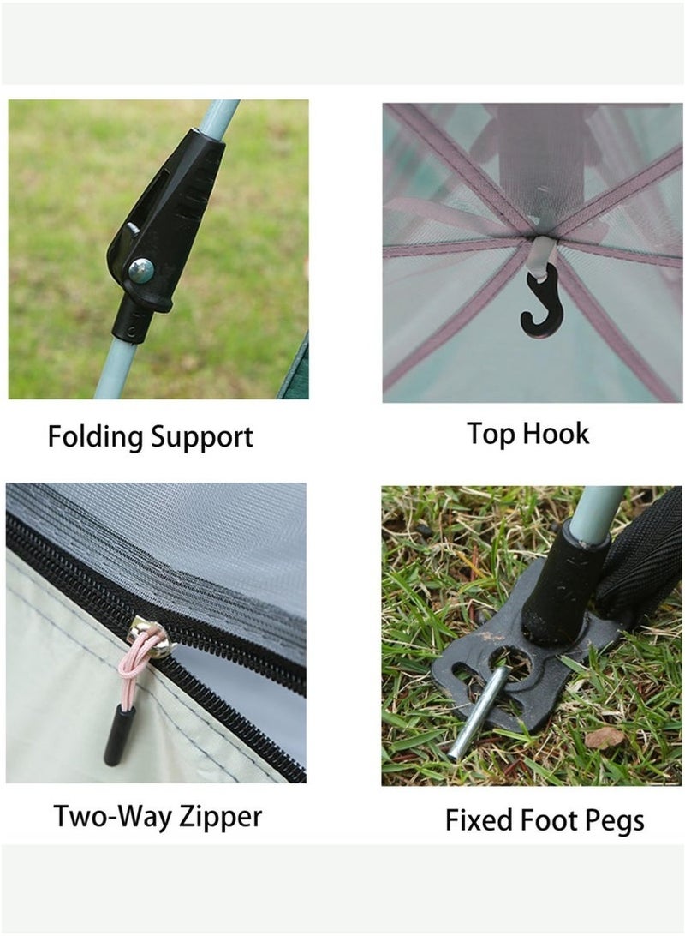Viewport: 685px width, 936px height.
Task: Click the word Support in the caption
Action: tap(202, 438)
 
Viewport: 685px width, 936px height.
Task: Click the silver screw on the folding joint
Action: tap(141, 271)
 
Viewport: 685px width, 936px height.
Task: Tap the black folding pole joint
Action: tap(163, 223)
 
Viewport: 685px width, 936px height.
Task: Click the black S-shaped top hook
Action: tap(539, 302)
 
